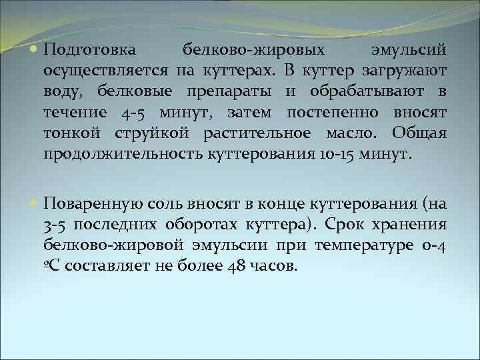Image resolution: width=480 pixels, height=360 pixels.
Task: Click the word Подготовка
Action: coord(90,50)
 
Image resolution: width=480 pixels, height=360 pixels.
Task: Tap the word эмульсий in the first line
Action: coord(408,50)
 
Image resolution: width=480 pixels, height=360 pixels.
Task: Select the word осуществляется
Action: coord(107,71)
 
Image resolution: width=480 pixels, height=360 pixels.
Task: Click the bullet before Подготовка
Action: coord(34,50)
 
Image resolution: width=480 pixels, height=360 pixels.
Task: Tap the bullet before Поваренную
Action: coord(34,203)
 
